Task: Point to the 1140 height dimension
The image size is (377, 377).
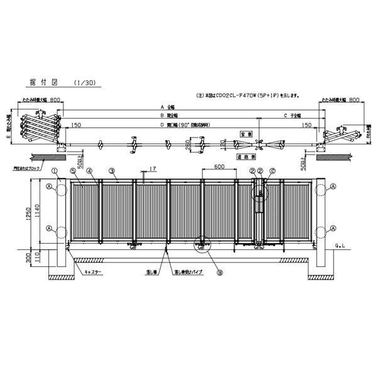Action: point(45,212)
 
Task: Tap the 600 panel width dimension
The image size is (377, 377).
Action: point(219,167)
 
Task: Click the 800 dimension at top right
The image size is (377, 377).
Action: point(356,100)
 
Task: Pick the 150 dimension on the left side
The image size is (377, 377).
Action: point(77,125)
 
